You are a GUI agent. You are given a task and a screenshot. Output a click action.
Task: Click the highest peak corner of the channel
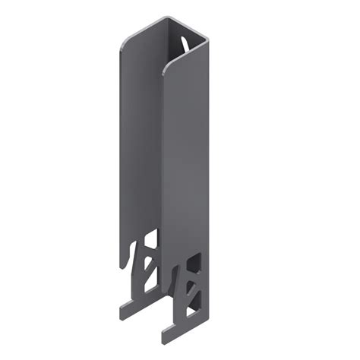[x=159, y=17]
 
